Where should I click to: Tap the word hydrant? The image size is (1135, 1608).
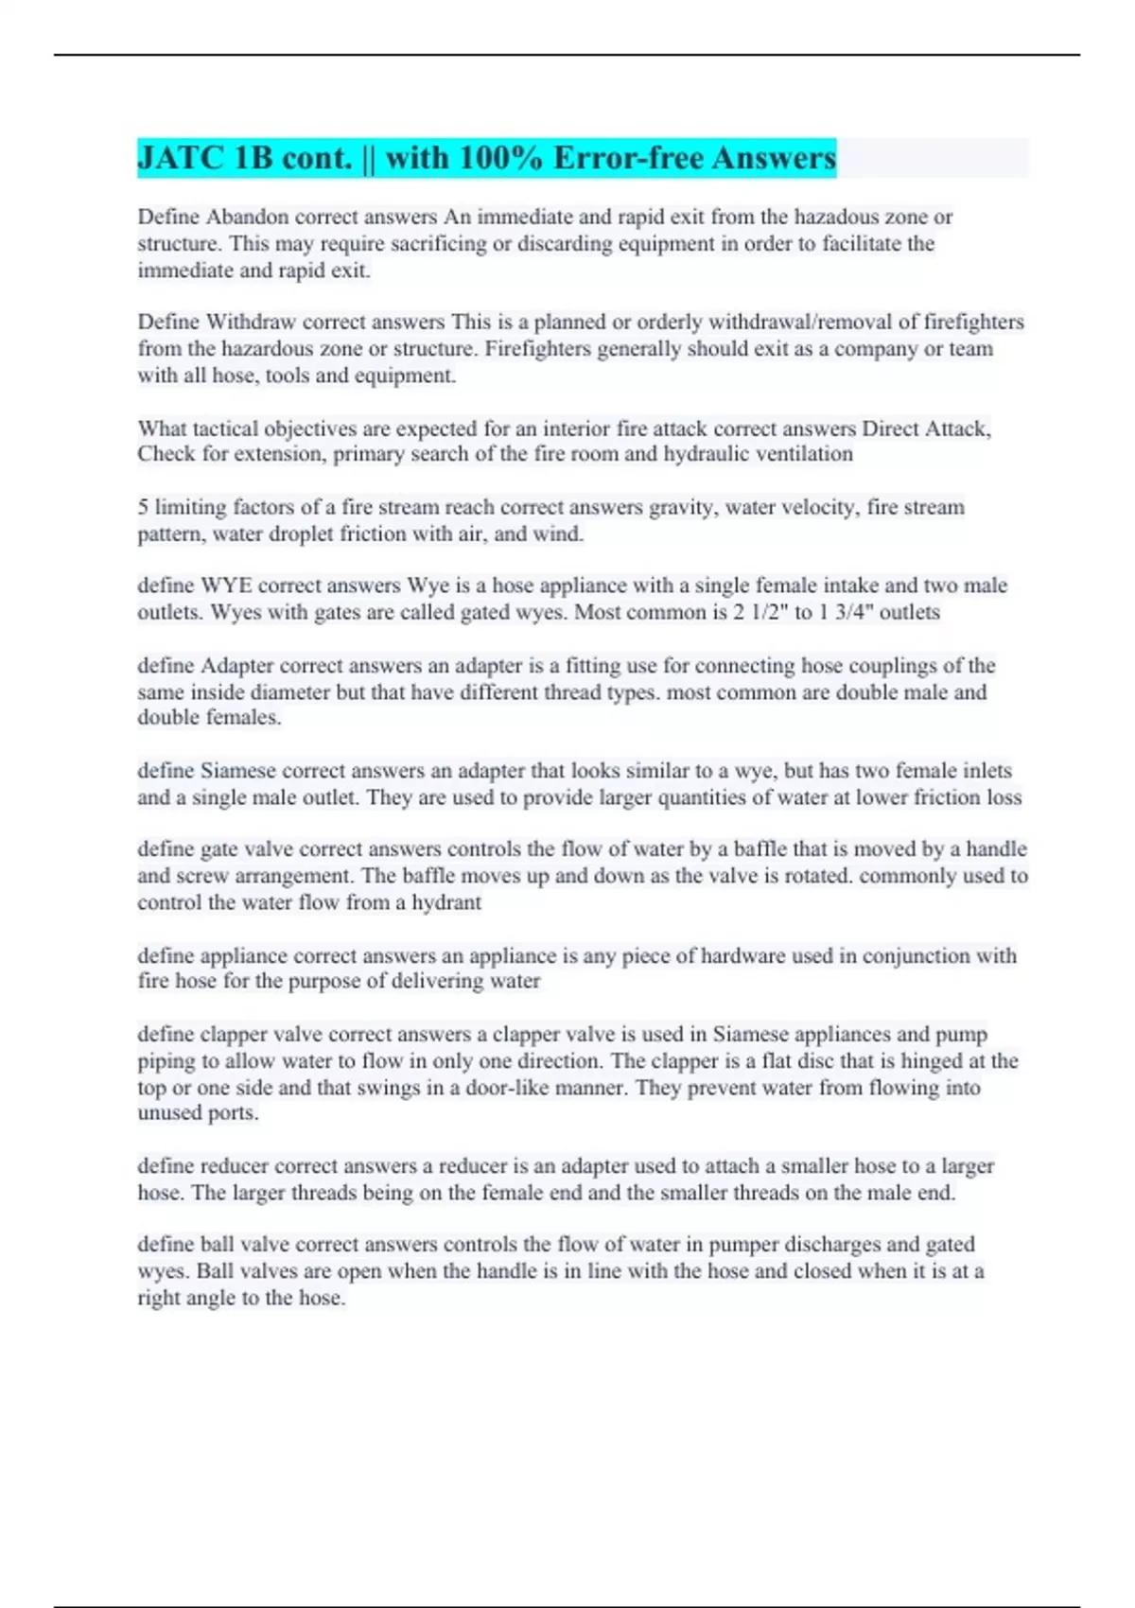tap(445, 902)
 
